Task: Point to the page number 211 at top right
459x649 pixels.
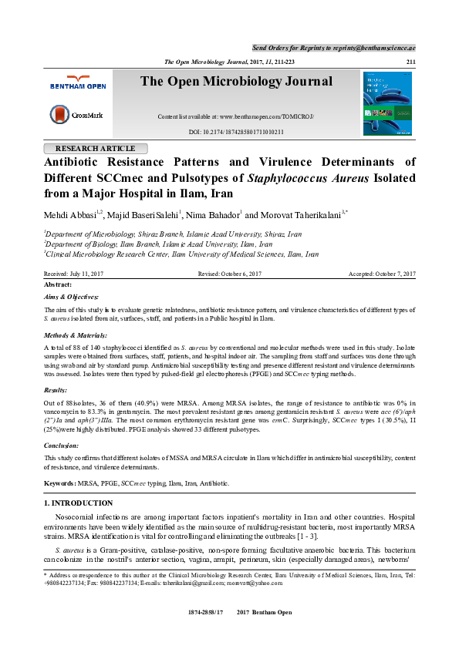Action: pos(410,62)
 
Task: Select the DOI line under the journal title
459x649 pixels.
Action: pos(236,132)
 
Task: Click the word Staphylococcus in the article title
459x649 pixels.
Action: pos(294,178)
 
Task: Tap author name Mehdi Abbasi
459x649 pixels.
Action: pos(74,213)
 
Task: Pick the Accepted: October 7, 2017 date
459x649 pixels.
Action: pos(382,274)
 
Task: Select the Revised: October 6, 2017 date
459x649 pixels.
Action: pos(230,274)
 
